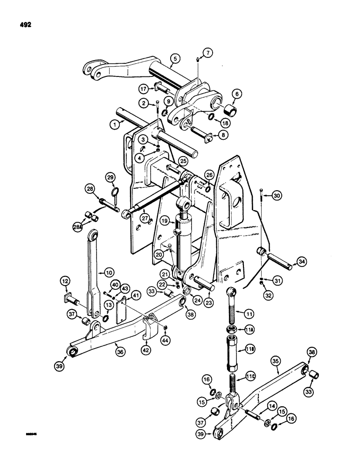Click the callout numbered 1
112,124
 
